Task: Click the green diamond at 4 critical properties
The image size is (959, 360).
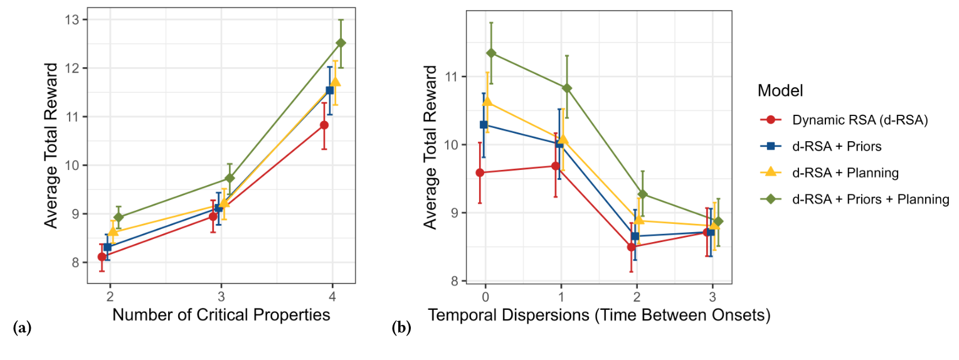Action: tap(341, 43)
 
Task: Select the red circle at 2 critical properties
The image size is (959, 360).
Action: tap(102, 257)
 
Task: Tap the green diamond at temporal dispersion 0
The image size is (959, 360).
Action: tap(491, 53)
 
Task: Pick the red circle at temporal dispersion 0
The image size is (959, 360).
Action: tap(480, 172)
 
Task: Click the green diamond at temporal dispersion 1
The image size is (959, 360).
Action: tap(567, 88)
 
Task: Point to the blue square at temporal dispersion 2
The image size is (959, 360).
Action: tap(635, 236)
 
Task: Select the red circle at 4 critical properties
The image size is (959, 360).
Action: tap(324, 125)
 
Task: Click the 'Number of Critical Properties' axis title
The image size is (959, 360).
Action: tap(221, 315)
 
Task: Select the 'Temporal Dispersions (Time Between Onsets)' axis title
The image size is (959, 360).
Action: tap(599, 315)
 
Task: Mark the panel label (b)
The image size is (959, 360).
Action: tap(401, 327)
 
